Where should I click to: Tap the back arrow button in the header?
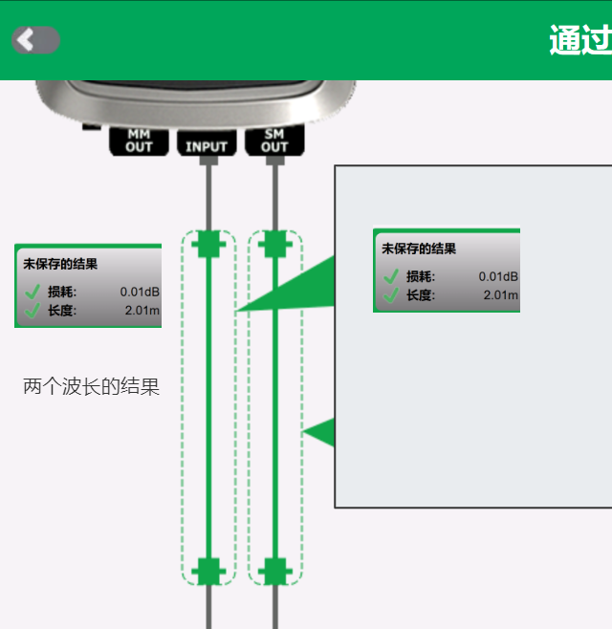[x=35, y=39]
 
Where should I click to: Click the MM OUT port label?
[x=139, y=141]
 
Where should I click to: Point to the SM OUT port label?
[x=274, y=141]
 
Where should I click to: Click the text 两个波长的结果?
[x=91, y=387]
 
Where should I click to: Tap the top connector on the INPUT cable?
[x=208, y=245]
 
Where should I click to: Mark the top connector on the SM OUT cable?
[x=274, y=245]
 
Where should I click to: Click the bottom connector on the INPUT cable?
[x=208, y=571]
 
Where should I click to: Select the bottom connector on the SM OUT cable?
[x=274, y=571]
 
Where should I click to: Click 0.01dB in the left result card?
[x=140, y=292]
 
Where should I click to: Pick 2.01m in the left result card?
[x=142, y=310]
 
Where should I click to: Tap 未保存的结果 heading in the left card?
[x=60, y=264]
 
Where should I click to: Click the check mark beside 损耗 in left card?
[x=33, y=292]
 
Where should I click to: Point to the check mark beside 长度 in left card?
[x=33, y=310]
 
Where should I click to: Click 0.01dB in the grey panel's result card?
[x=498, y=276]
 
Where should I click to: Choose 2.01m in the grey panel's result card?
[x=500, y=294]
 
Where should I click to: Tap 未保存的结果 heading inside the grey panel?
[x=419, y=249]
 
